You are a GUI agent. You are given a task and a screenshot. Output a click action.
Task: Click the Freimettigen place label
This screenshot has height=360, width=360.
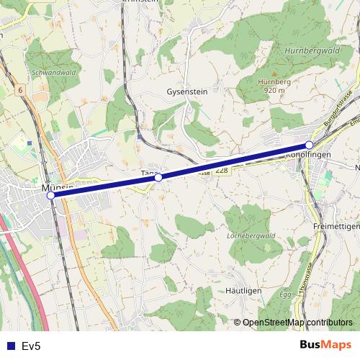click(336, 225)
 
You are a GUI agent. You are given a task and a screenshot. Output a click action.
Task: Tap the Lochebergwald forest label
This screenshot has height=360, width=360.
click(251, 235)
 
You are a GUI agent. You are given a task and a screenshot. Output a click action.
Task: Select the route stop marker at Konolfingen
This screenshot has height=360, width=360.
click(309, 145)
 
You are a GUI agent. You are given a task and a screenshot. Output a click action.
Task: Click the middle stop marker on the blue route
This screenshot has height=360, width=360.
click(158, 177)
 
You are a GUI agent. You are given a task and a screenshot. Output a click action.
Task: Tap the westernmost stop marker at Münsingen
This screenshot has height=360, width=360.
click(50, 195)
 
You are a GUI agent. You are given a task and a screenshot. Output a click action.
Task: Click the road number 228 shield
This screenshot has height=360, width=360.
click(222, 170)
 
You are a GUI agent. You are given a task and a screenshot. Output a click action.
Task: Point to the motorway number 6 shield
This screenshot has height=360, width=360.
click(22, 90)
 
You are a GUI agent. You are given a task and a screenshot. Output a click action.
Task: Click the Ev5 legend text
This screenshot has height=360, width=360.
click(31, 346)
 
